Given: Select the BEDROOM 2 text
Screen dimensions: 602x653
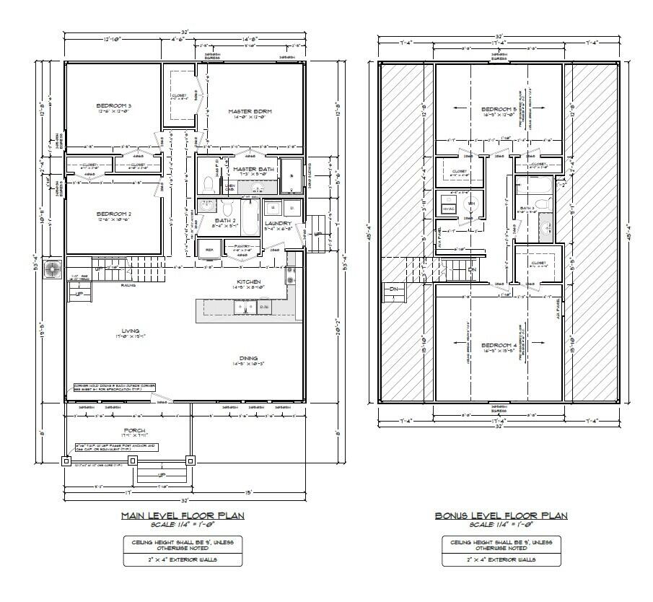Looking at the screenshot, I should [x=113, y=214].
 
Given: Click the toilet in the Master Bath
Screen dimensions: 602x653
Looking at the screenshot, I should [x=209, y=182].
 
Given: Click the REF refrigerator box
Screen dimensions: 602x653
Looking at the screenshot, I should [x=210, y=250].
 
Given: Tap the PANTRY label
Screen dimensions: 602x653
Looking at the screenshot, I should [x=242, y=247].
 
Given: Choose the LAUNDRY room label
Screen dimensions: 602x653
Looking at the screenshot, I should [x=277, y=224].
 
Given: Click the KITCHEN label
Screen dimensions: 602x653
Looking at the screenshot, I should [x=247, y=281].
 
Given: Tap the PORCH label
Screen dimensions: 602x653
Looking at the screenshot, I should [x=127, y=430].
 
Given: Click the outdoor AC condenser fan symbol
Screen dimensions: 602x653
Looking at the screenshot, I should [x=53, y=269].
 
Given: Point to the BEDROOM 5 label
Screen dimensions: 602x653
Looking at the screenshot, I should [x=499, y=109].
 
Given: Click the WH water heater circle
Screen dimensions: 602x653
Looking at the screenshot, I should [x=470, y=204].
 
